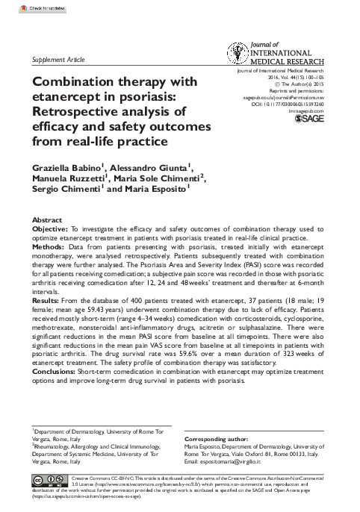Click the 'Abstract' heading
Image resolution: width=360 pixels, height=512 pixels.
[46, 221]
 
